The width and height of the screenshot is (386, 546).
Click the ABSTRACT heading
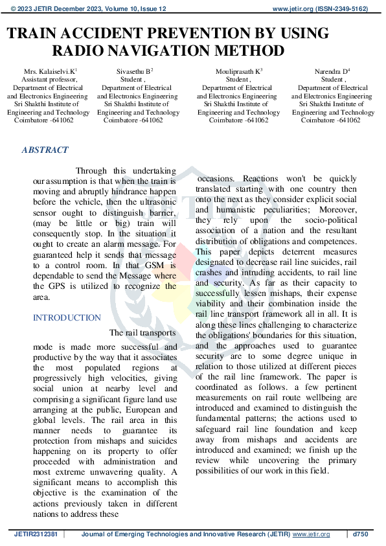click(x=45, y=150)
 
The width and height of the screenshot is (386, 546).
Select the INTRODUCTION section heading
click(x=67, y=317)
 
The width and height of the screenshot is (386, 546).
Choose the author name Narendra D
click(x=331, y=70)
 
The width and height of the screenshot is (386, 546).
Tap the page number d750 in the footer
click(x=360, y=534)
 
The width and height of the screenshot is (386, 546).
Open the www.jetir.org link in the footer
click(x=312, y=534)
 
